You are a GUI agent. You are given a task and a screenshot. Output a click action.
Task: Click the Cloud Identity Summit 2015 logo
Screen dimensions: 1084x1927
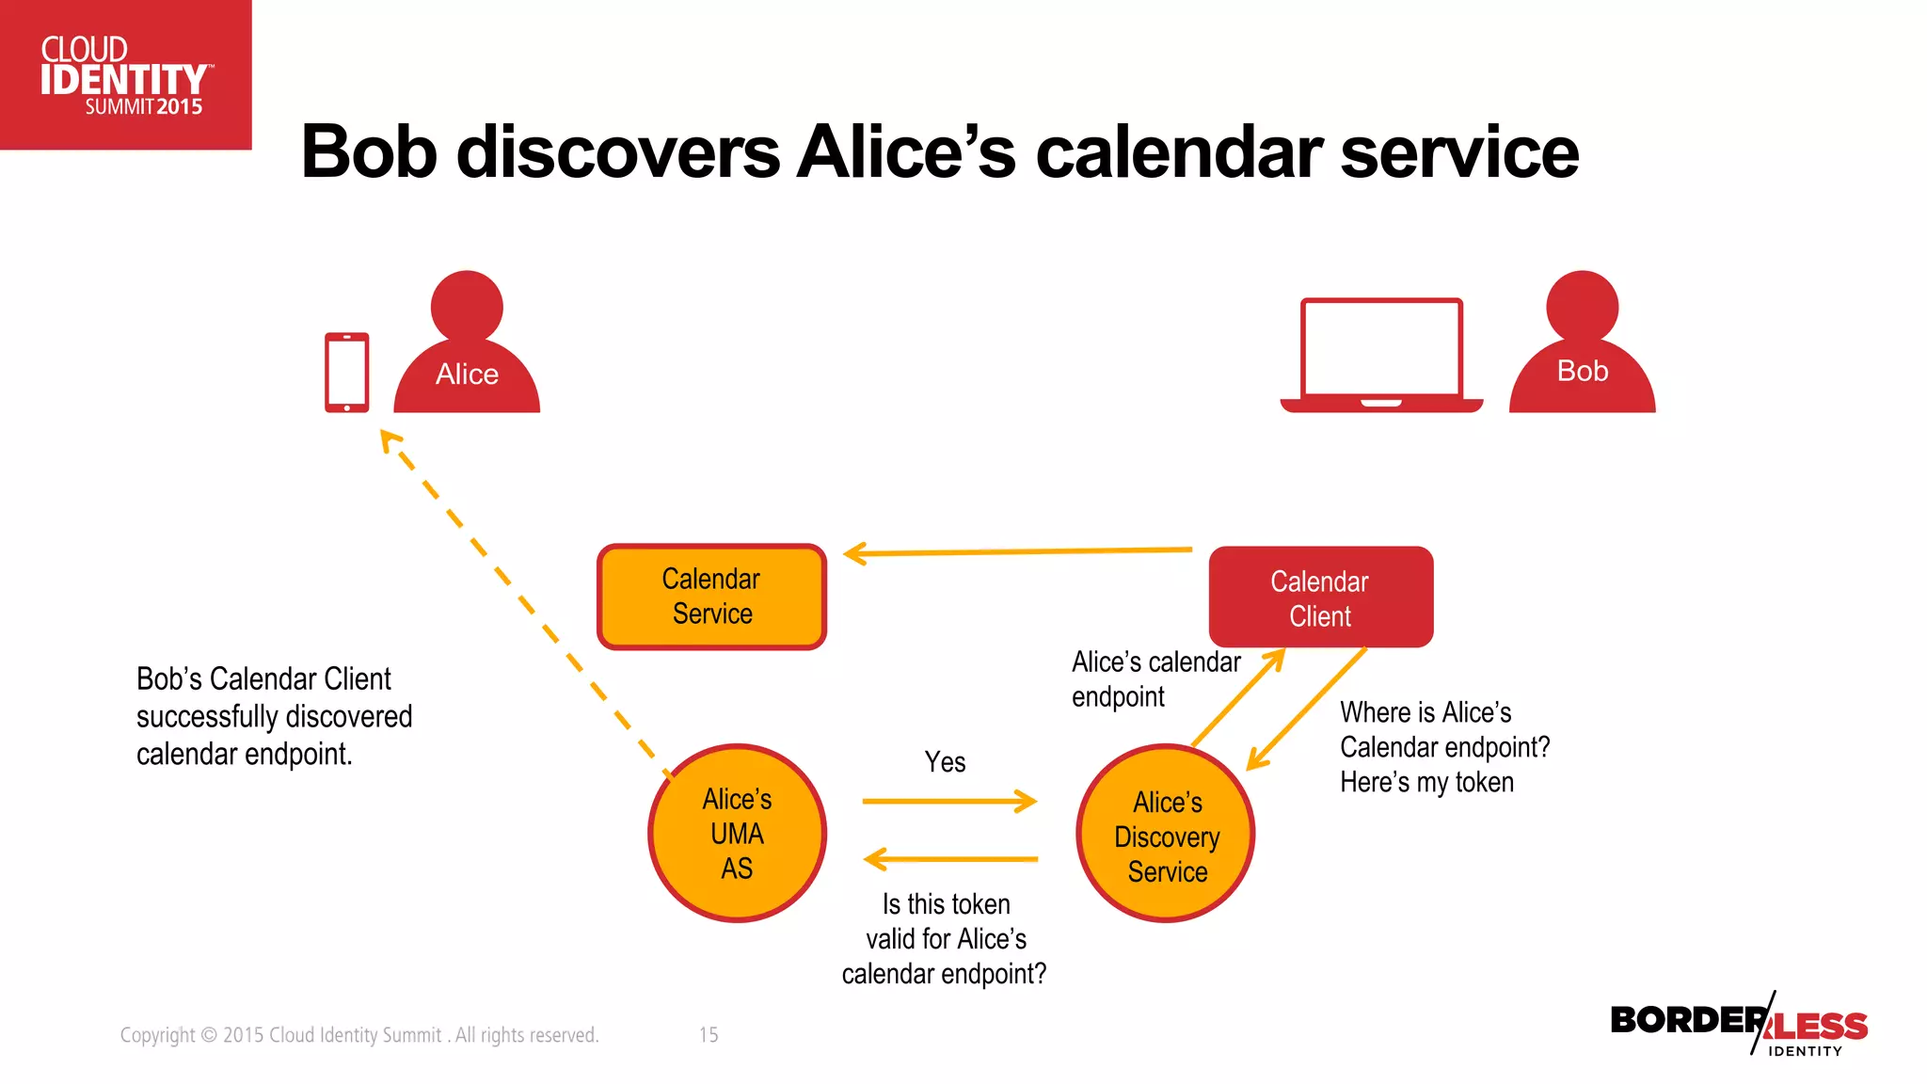click(125, 75)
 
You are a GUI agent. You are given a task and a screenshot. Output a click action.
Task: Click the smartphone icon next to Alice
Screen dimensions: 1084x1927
click(346, 372)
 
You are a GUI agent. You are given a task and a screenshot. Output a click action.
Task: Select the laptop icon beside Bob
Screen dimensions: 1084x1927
click(1380, 356)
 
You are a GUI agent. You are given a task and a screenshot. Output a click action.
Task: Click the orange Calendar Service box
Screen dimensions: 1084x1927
click(711, 597)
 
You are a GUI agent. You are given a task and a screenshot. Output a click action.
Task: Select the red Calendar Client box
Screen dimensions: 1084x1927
click(1320, 598)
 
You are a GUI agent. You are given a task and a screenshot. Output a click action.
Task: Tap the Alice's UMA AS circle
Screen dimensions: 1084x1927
click(737, 833)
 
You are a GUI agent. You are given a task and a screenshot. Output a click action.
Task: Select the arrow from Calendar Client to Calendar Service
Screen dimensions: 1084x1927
click(1016, 551)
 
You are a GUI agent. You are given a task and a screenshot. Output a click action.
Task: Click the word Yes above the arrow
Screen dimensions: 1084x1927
click(945, 762)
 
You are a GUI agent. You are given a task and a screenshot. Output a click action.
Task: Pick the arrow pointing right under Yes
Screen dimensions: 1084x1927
click(948, 802)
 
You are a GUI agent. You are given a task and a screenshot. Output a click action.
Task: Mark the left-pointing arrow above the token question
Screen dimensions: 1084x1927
click(950, 859)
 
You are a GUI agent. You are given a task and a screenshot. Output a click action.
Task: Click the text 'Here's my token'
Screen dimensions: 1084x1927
click(1426, 783)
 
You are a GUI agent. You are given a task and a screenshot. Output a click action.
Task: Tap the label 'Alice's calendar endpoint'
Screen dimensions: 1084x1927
click(1155, 678)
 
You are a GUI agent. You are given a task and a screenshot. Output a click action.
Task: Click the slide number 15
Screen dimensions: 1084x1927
click(709, 1035)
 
